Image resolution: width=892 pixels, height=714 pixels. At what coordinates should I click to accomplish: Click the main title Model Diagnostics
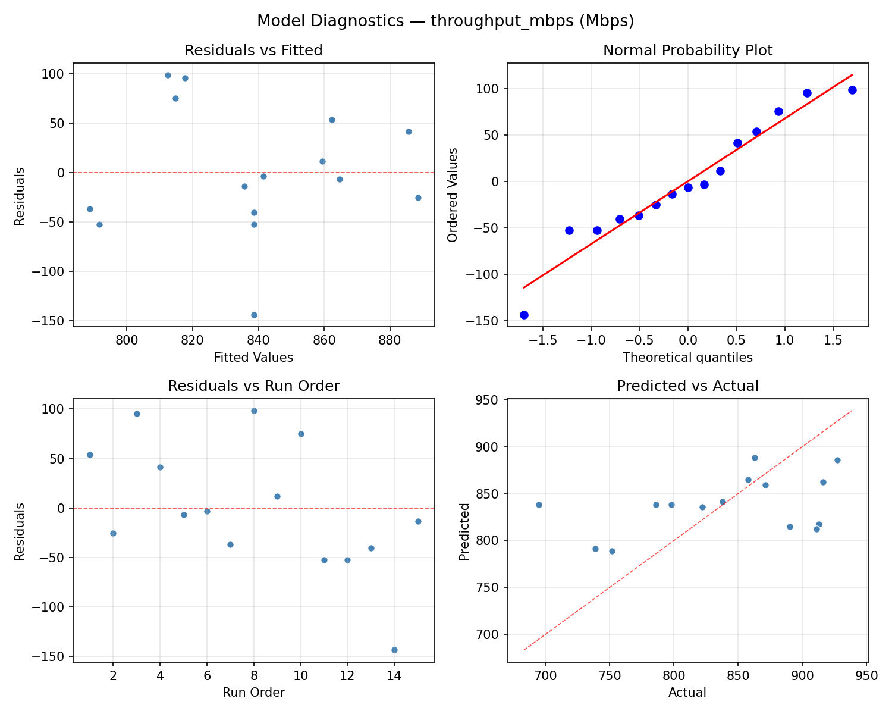pyautogui.click(x=445, y=21)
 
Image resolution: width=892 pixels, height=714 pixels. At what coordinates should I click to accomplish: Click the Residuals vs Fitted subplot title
pyautogui.click(x=253, y=51)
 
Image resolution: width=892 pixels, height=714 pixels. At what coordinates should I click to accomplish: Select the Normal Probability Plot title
pyautogui.click(x=687, y=51)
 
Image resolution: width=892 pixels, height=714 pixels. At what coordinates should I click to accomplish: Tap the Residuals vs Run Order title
pyautogui.click(x=253, y=386)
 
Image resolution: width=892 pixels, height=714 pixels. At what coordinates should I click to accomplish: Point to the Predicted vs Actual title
pyautogui.click(x=687, y=386)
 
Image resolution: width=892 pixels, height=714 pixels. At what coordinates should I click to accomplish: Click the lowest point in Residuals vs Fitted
pyautogui.click(x=254, y=315)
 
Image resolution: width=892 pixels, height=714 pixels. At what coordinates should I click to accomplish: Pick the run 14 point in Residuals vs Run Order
pyautogui.click(x=394, y=650)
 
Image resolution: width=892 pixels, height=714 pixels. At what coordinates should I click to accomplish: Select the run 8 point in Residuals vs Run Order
pyautogui.click(x=254, y=411)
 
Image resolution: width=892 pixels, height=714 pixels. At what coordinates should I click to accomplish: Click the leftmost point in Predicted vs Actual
pyautogui.click(x=539, y=505)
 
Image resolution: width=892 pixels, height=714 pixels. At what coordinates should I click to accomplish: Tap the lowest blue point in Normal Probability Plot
pyautogui.click(x=524, y=315)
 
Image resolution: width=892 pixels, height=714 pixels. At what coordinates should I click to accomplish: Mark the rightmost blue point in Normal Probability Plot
pyautogui.click(x=852, y=90)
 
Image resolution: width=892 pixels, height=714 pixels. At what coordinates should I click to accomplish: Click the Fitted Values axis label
pyautogui.click(x=253, y=358)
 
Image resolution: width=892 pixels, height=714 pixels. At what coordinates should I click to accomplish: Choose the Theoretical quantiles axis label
pyautogui.click(x=687, y=358)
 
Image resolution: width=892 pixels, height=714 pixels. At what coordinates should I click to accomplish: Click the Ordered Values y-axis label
pyautogui.click(x=453, y=195)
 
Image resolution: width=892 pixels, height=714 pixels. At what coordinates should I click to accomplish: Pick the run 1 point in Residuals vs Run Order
pyautogui.click(x=90, y=455)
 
